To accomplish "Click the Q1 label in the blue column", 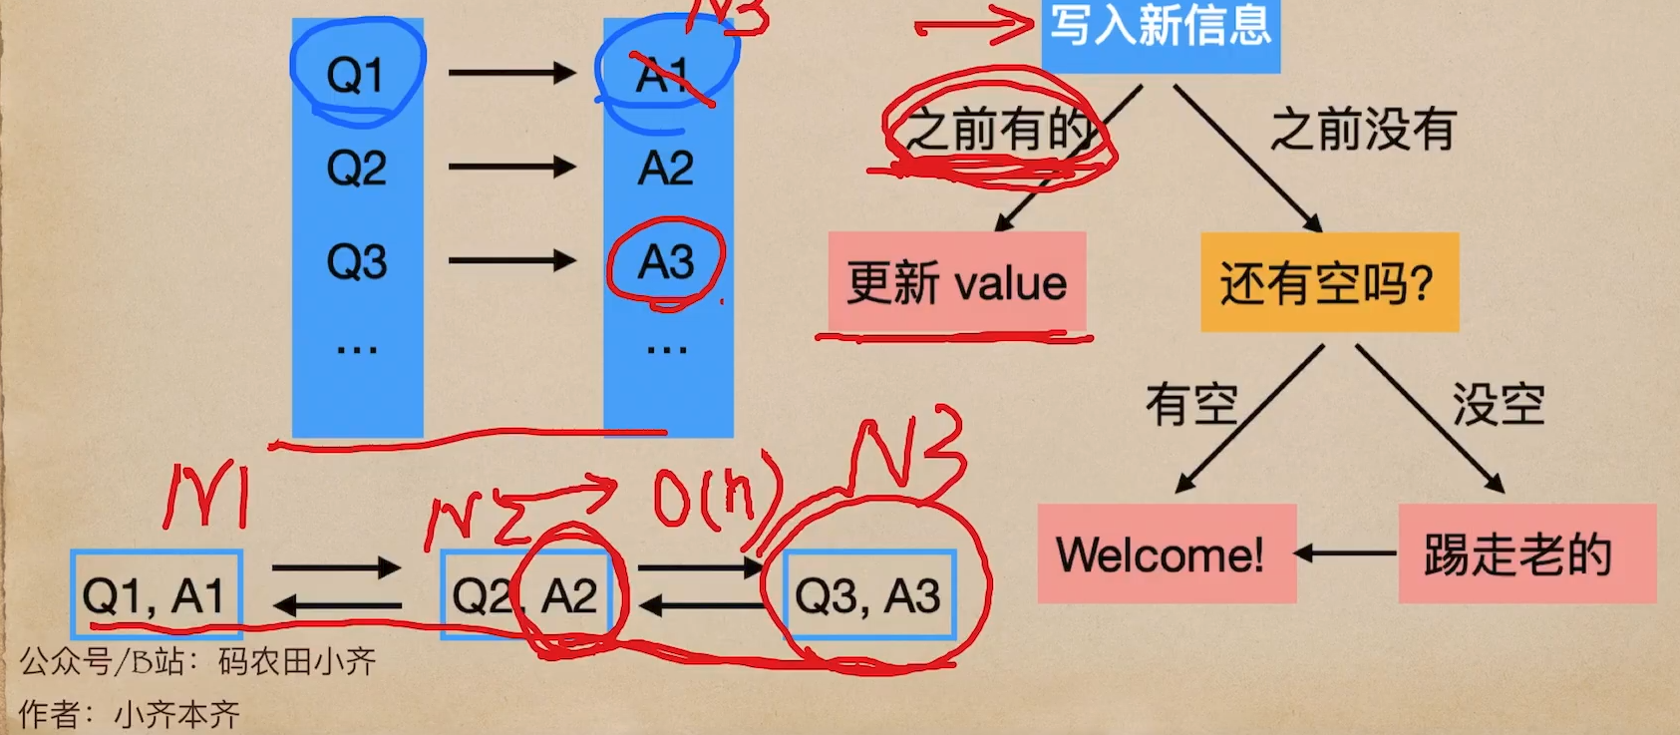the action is tap(356, 75).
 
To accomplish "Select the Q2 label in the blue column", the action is tap(356, 168).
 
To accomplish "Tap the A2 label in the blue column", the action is tap(666, 168).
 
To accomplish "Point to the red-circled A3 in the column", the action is tap(666, 262).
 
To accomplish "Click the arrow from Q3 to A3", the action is tap(511, 261).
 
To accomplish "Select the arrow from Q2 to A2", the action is tap(511, 167).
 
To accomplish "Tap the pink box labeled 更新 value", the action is tap(957, 283).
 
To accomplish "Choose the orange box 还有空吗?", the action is tap(1329, 283).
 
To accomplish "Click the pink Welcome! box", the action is tap(1167, 554).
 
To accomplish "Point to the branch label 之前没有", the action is tap(1363, 130).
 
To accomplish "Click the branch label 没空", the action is tap(1498, 405).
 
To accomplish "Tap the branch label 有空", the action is tap(1191, 405).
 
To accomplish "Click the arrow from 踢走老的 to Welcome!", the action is tap(1346, 552).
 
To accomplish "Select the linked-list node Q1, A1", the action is tap(157, 595).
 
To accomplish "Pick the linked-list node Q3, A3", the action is tap(869, 595).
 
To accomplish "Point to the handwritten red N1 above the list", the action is tap(207, 496).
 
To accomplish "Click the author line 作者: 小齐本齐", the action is tap(130, 714).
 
